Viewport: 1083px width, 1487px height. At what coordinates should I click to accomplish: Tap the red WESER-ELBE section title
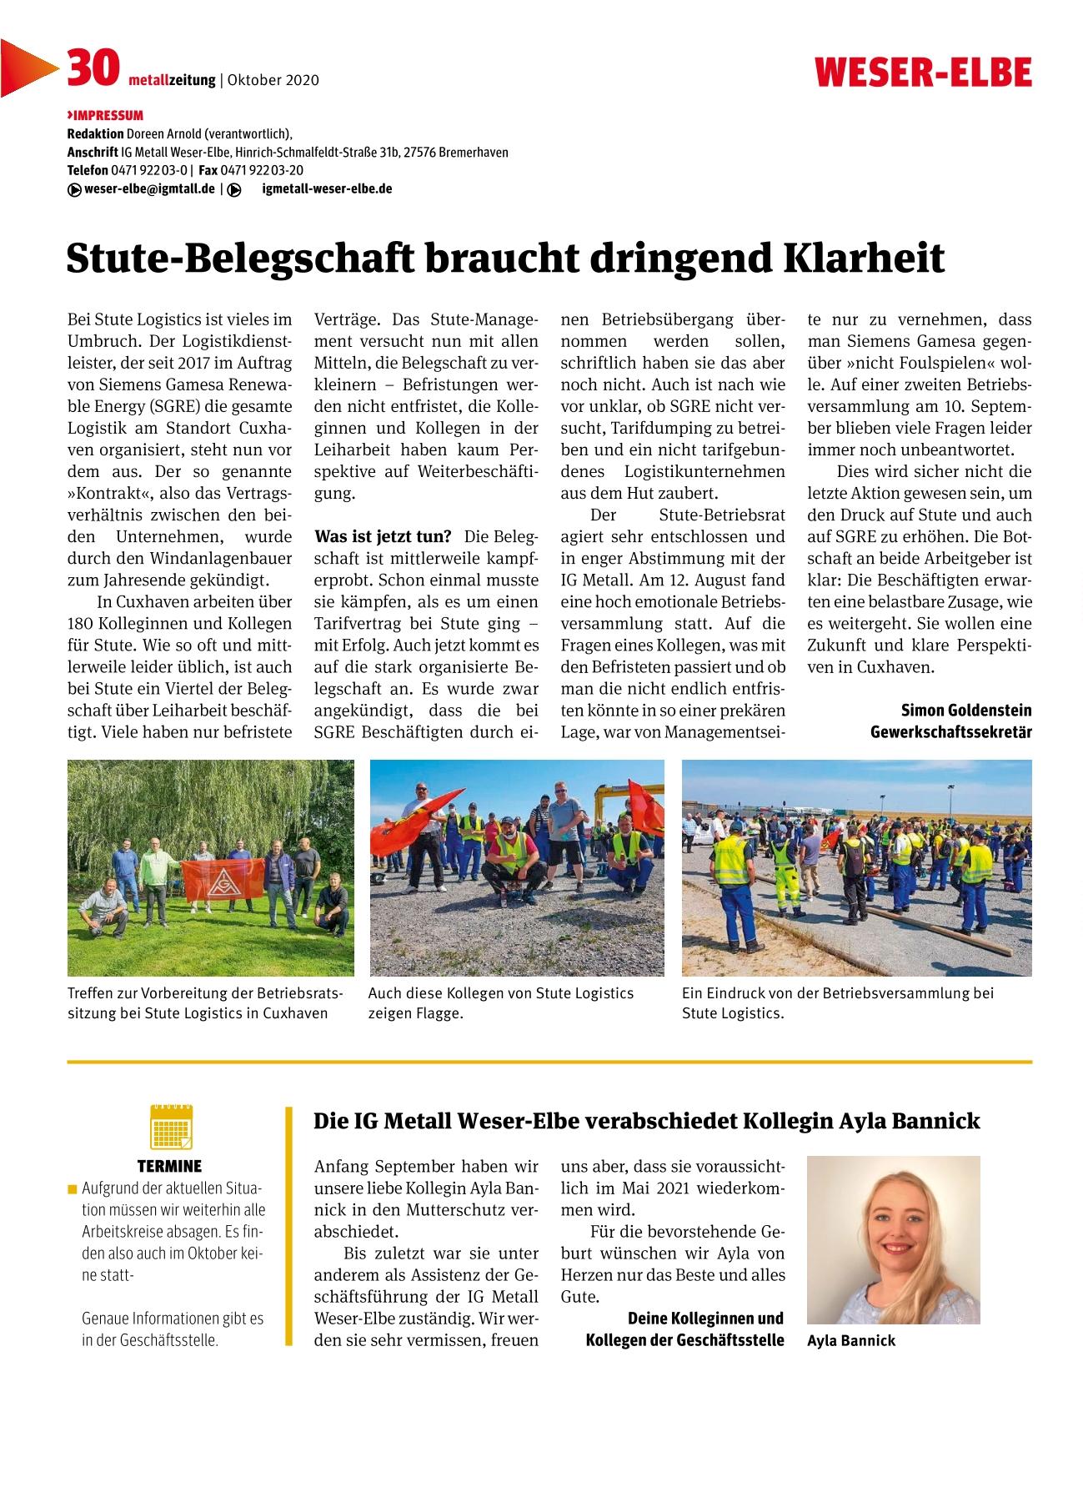pyautogui.click(x=923, y=73)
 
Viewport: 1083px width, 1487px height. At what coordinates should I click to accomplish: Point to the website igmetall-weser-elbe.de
pyautogui.click(x=326, y=188)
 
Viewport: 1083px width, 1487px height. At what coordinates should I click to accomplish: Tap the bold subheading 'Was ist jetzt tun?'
pyautogui.click(x=383, y=536)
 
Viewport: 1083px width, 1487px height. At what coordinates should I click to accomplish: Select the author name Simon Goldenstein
pyautogui.click(x=965, y=711)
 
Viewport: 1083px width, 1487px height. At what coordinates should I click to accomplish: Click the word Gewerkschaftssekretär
pyautogui.click(x=950, y=732)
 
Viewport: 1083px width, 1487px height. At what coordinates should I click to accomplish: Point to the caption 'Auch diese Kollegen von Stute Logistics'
pyautogui.click(x=500, y=993)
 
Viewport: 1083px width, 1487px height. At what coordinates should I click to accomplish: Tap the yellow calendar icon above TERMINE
pyautogui.click(x=171, y=1126)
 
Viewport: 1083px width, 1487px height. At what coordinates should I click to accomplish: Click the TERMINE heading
pyautogui.click(x=169, y=1166)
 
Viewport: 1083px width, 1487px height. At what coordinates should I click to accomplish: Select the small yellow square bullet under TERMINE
pyautogui.click(x=73, y=1188)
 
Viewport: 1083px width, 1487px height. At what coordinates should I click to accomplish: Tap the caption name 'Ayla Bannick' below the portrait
pyautogui.click(x=851, y=1341)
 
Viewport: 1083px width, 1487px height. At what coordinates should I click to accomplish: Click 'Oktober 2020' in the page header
pyautogui.click(x=273, y=80)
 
